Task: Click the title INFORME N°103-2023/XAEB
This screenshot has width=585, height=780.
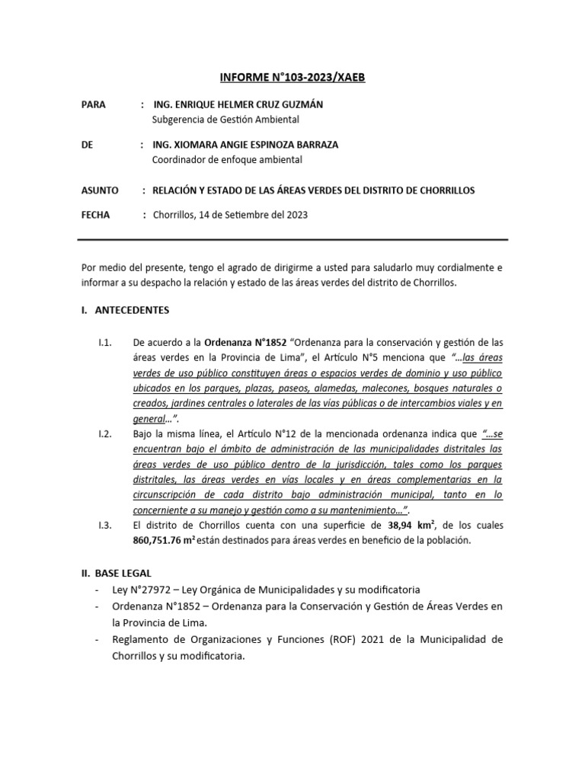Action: [292, 78]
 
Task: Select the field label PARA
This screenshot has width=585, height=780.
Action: [94, 104]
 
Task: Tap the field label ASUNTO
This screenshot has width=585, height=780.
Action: [100, 190]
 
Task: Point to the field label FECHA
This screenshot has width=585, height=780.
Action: [96, 215]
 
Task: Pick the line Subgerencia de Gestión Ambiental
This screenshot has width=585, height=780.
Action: [226, 119]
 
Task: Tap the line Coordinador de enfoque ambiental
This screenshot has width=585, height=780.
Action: [228, 159]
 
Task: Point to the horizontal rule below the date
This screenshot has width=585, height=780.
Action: [292, 238]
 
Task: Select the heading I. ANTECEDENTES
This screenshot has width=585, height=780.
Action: [126, 310]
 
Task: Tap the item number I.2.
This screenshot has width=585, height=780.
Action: [106, 434]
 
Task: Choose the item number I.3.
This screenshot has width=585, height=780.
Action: [106, 526]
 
